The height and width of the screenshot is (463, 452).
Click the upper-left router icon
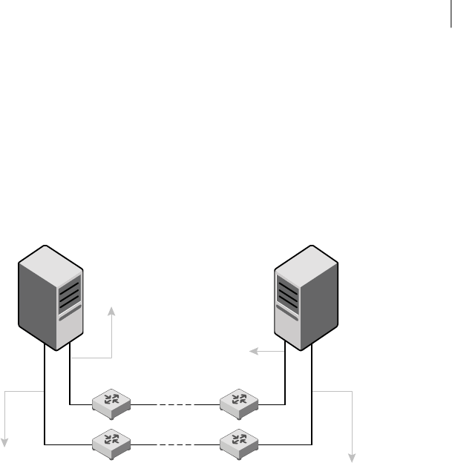point(112,403)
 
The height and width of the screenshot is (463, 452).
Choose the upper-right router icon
point(240,403)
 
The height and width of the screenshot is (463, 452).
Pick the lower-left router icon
point(112,443)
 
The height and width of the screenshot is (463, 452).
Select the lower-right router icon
point(240,443)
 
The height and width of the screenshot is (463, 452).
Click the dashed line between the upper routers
point(176,405)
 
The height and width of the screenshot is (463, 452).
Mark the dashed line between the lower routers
point(176,445)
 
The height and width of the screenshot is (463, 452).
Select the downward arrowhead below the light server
point(353,456)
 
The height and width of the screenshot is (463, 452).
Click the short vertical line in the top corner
point(449,15)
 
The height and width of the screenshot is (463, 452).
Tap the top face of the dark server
point(49,256)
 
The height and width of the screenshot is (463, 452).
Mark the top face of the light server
point(306,255)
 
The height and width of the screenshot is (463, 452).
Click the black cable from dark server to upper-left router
point(70,386)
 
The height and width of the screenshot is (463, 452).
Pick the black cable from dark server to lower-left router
point(45,401)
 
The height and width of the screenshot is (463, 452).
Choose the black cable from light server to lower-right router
point(312,401)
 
